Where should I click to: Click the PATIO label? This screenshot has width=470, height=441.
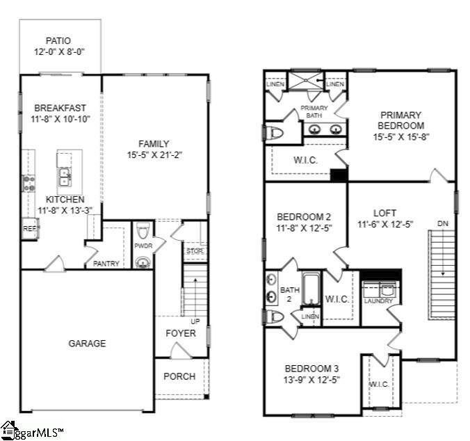[59, 40]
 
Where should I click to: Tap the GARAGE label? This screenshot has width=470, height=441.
[87, 343]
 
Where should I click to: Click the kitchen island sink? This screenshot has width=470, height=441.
[65, 177]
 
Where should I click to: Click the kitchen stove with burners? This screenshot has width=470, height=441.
[29, 183]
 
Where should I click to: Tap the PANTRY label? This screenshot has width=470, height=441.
[106, 264]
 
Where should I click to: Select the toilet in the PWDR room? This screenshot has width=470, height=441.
[143, 230]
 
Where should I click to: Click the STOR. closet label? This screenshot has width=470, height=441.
[194, 250]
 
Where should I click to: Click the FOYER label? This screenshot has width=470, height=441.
[180, 333]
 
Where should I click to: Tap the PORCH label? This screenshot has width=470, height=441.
[179, 376]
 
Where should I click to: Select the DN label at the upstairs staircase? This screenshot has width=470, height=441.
[443, 224]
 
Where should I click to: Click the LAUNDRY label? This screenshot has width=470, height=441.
[378, 300]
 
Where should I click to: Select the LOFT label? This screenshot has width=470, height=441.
[384, 214]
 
